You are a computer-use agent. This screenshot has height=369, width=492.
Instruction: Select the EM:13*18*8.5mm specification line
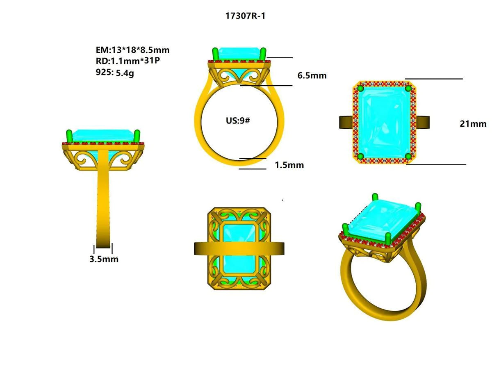coord(132,50)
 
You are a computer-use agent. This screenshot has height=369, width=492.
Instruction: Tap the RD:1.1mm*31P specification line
coord(127,61)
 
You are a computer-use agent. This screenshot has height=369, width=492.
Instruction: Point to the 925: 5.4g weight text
coord(118,72)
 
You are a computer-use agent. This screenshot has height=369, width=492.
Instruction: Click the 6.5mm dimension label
coord(312,75)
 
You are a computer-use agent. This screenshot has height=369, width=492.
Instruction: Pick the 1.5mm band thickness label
coord(289,165)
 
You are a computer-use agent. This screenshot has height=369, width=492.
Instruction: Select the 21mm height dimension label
coord(473,123)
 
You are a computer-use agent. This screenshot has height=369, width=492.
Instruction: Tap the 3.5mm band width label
coord(104,259)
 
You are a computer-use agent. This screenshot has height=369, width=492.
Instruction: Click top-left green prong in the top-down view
coord(361,88)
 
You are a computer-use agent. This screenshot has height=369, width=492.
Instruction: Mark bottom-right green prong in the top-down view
coord(408,156)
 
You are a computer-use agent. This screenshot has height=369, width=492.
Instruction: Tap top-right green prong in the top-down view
coord(408,88)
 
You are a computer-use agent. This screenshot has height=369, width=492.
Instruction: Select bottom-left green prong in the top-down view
coord(361,156)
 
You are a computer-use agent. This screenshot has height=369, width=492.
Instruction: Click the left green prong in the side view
coord(69,136)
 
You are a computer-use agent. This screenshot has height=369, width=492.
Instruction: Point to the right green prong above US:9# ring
coord(263,54)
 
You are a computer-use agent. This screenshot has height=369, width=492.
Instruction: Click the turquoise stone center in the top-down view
coord(384,122)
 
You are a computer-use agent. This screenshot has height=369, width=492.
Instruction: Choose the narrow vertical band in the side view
coord(103,197)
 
